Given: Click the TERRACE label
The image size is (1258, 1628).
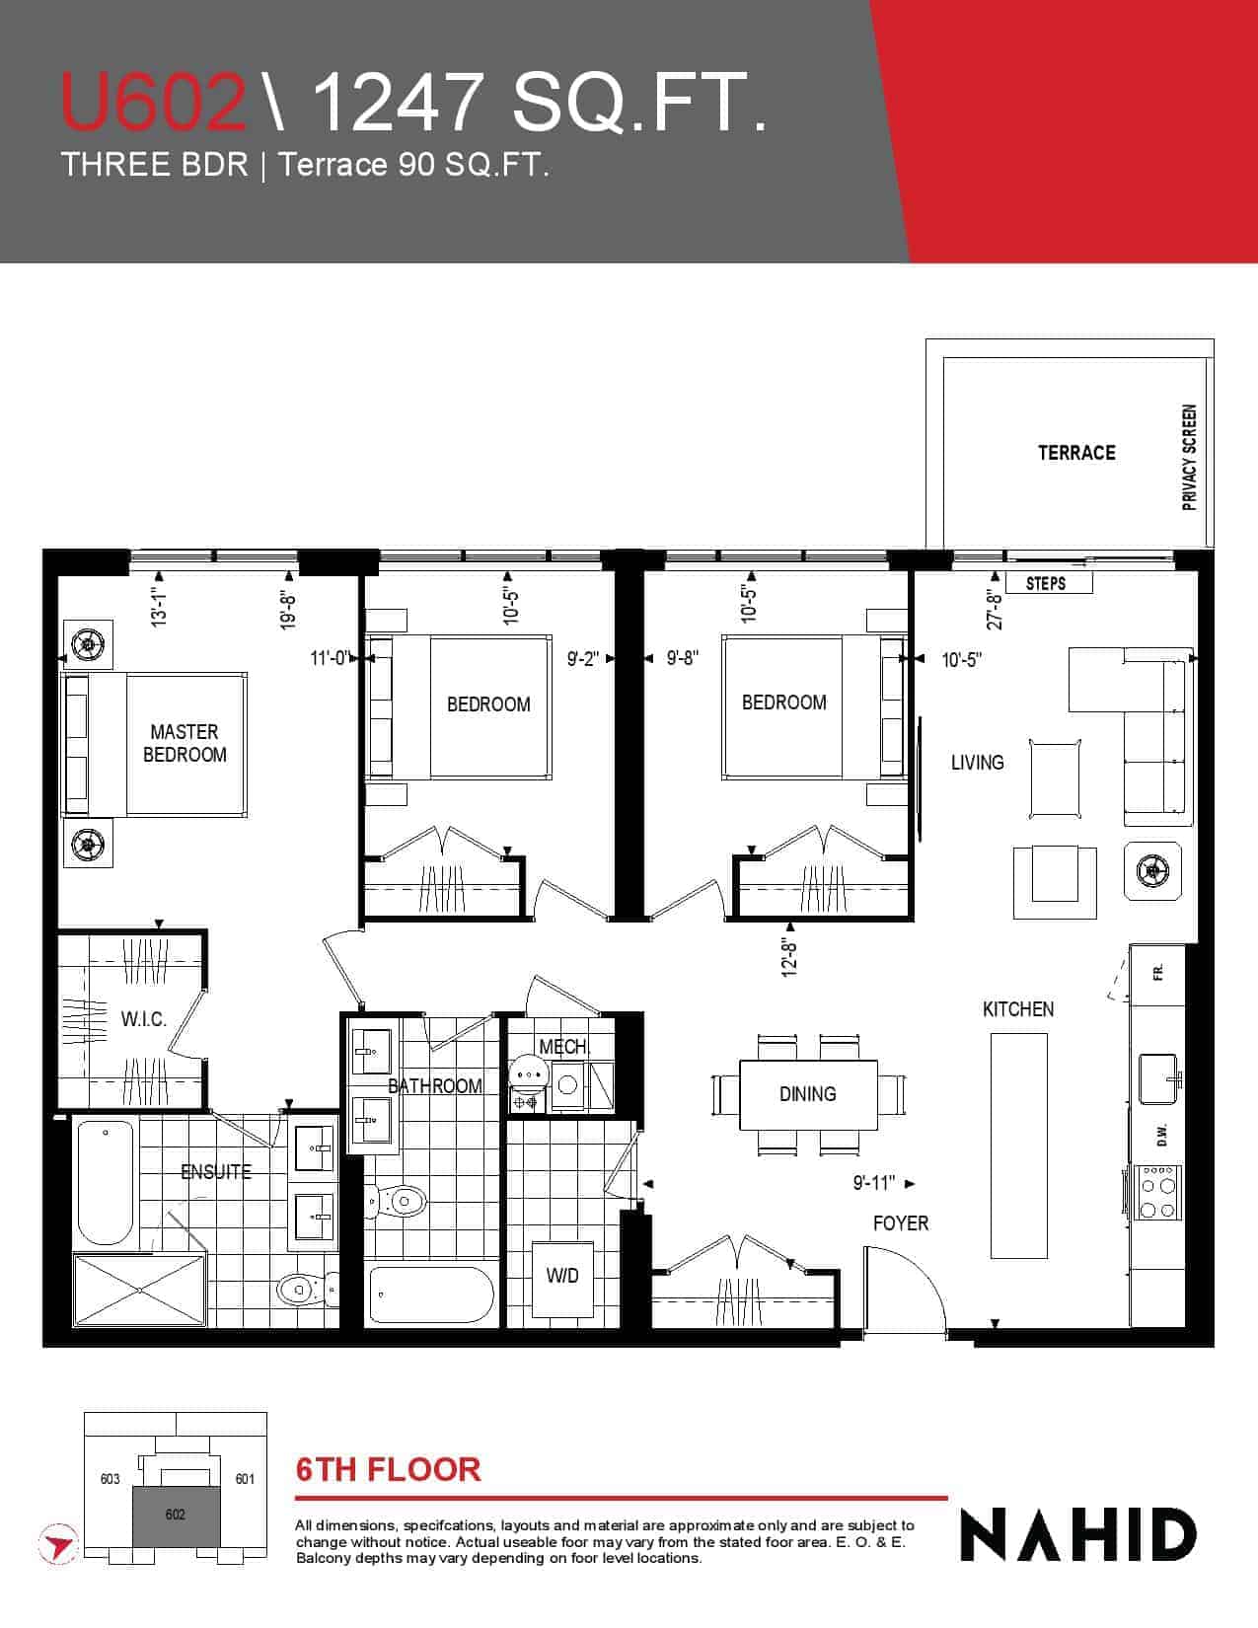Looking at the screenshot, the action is pyautogui.click(x=1075, y=453).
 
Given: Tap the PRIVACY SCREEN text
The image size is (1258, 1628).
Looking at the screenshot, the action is pyautogui.click(x=1189, y=459).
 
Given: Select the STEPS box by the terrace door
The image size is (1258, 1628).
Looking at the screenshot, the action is pyautogui.click(x=1048, y=583).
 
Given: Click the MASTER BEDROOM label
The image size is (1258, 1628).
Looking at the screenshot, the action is pyautogui.click(x=185, y=742).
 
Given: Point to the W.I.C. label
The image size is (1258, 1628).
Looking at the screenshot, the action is pyautogui.click(x=144, y=1018).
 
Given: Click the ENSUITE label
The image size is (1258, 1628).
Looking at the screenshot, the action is pyautogui.click(x=216, y=1172).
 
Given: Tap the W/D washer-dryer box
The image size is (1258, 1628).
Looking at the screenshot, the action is pyautogui.click(x=562, y=1276).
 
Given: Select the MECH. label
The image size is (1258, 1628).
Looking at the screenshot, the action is pyautogui.click(x=564, y=1047).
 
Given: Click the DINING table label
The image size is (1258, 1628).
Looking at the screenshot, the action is pyautogui.click(x=807, y=1094).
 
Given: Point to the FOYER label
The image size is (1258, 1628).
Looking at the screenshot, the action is pyautogui.click(x=900, y=1223).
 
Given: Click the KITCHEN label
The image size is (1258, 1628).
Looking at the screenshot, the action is pyautogui.click(x=1017, y=1009).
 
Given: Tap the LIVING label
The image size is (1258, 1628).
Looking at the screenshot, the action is pyautogui.click(x=977, y=763).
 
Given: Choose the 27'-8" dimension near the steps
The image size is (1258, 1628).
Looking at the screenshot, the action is pyautogui.click(x=995, y=609).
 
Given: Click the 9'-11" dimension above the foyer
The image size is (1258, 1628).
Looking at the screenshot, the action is pyautogui.click(x=873, y=1183).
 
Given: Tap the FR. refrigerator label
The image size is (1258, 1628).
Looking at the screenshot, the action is pyautogui.click(x=1158, y=973).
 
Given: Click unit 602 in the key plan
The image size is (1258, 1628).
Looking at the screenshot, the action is pyautogui.click(x=177, y=1515).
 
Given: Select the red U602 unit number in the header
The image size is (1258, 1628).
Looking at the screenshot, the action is pyautogui.click(x=154, y=102).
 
